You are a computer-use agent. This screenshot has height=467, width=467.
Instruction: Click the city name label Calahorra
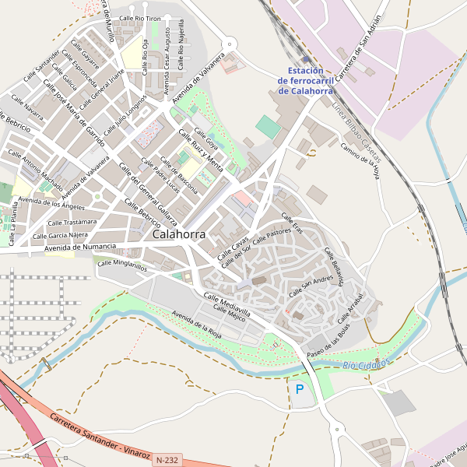tap(180, 233)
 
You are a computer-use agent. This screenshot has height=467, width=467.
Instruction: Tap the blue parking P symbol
tap(300, 388)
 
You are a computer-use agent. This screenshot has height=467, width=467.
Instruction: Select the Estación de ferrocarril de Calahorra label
tap(300, 81)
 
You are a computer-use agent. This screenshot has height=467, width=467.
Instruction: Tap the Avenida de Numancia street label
tap(80, 247)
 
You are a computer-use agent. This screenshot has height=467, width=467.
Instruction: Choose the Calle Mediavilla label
tap(226, 304)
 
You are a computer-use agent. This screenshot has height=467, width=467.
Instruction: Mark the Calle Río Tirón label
tap(140, 16)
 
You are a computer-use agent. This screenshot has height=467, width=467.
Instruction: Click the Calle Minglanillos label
tap(121, 265)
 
